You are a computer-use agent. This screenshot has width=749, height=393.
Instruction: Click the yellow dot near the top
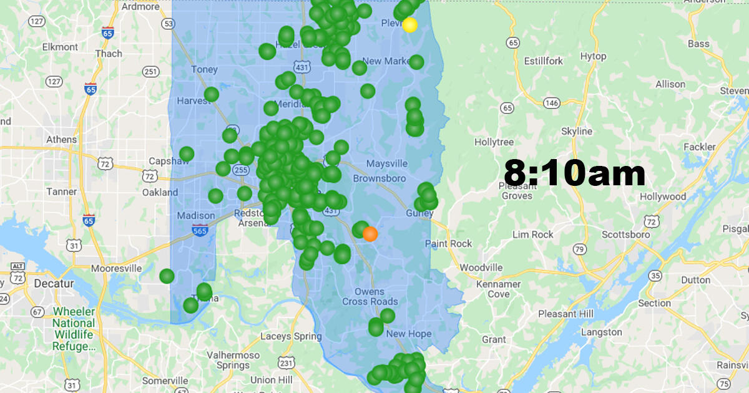point(409,25)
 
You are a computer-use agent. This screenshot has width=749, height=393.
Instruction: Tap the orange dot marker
point(370,234)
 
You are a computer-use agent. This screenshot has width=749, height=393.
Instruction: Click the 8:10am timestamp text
point(574,173)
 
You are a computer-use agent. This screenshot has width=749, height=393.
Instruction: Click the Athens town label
point(61,139)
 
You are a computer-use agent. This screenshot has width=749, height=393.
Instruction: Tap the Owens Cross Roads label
point(370,297)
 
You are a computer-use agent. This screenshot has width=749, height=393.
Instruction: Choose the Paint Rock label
point(448,243)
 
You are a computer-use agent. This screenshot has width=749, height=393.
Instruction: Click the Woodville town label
point(481,268)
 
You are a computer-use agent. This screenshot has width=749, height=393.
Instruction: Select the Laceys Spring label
point(291,336)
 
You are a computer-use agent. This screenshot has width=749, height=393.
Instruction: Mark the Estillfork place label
point(543,61)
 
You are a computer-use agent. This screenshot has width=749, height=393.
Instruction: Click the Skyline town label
point(577,132)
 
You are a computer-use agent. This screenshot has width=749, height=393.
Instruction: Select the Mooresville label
point(116,268)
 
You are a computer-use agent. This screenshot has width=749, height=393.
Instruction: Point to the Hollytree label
point(494,142)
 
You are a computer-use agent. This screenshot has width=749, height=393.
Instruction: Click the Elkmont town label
point(60,47)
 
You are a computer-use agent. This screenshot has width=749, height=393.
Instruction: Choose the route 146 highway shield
point(551,102)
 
